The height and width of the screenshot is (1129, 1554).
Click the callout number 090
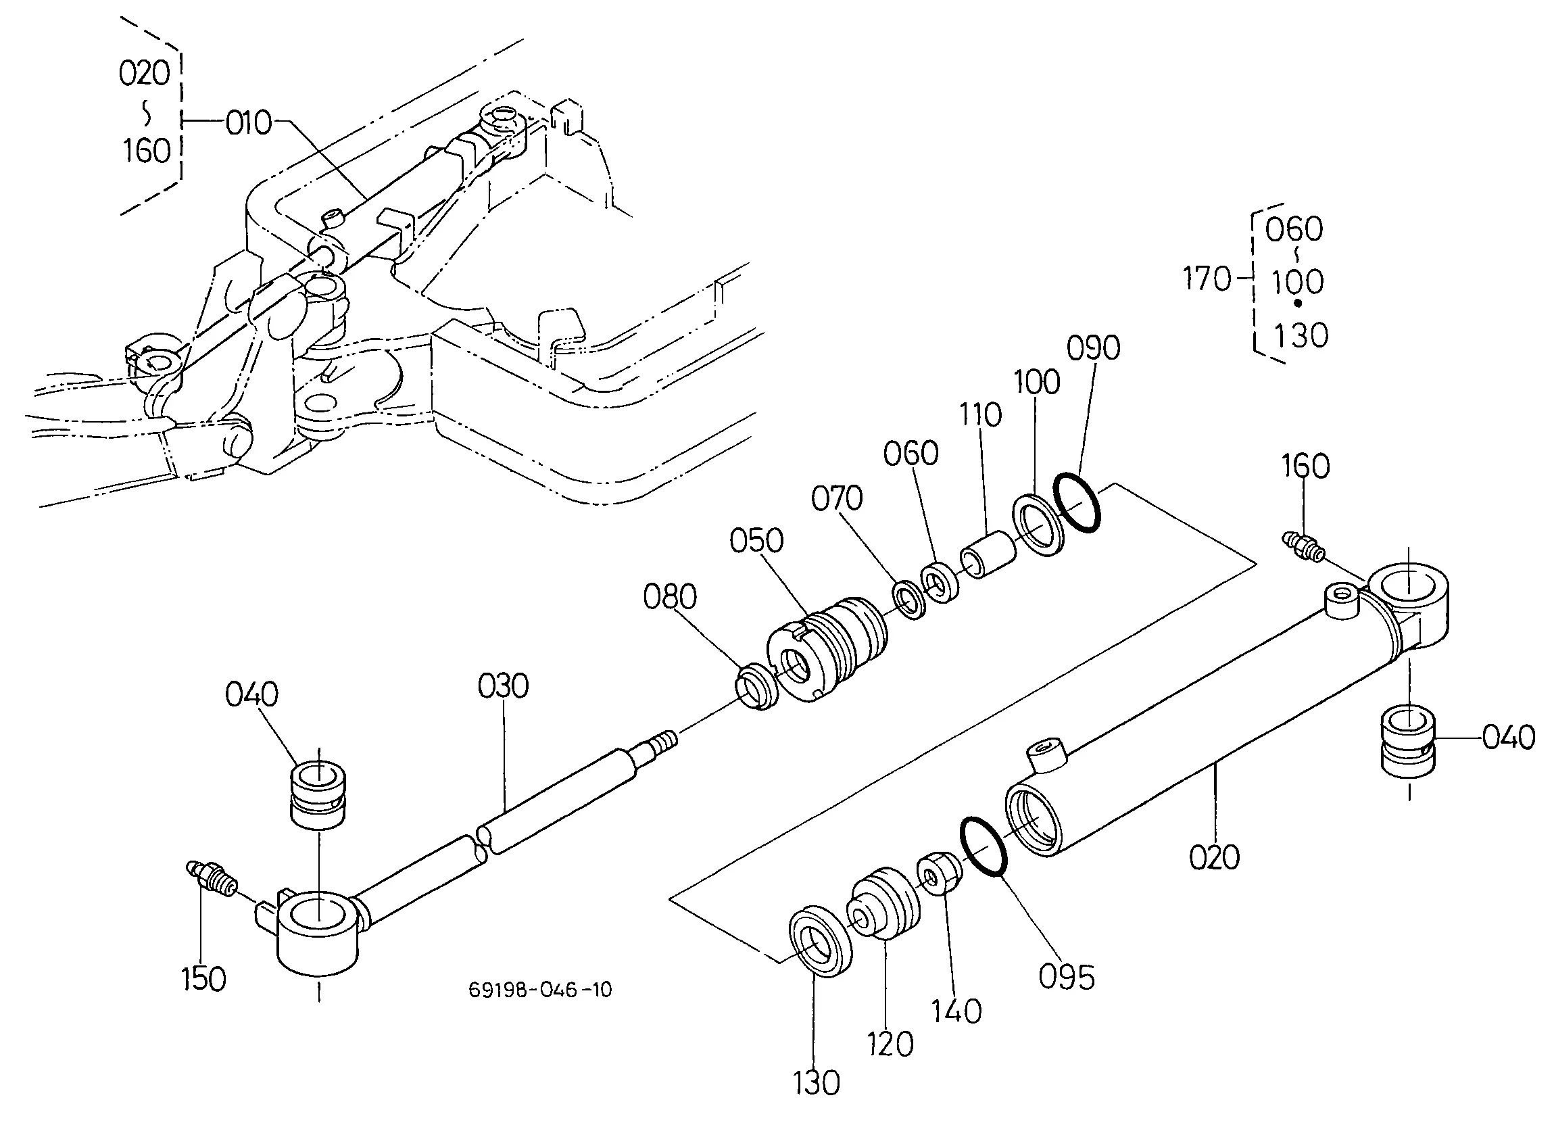1094,348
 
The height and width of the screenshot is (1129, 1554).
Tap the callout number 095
1067,978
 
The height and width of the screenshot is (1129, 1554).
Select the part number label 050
756,541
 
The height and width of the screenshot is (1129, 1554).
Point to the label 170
1207,279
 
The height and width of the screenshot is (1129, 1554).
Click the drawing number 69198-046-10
541,990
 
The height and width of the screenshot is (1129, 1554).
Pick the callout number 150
203,979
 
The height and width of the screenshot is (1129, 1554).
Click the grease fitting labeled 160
1303,547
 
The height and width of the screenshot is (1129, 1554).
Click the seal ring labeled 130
820,941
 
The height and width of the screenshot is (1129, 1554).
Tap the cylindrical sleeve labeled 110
990,554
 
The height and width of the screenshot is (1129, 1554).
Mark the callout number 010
249,124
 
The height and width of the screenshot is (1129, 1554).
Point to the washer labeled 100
1039,525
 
